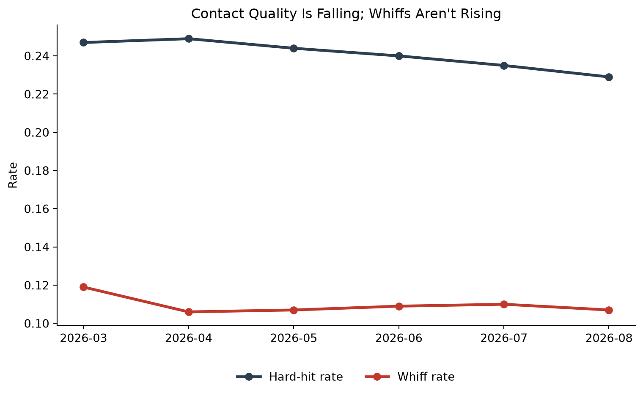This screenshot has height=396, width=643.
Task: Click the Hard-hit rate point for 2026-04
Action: [189, 39]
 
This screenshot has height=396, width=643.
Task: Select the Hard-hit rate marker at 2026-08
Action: [609, 77]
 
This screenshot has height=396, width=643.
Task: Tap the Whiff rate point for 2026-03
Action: [83, 287]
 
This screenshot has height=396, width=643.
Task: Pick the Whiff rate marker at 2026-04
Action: [189, 312]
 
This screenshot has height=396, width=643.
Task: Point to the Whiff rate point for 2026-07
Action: [504, 304]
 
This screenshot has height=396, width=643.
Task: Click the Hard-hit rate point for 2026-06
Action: [399, 56]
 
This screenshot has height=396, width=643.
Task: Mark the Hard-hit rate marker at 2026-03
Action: [83, 42]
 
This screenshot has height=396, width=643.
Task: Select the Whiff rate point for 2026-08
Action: [609, 310]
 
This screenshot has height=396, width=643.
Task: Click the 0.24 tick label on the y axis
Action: [36, 56]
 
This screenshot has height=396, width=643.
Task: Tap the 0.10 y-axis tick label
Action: [36, 324]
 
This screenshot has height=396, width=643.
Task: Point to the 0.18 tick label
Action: [36, 171]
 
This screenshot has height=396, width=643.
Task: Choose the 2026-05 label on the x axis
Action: [294, 338]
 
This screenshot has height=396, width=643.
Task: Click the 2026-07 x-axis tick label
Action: [504, 338]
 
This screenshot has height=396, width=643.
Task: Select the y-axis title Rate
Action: [13, 175]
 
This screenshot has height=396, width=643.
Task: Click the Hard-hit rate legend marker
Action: [249, 377]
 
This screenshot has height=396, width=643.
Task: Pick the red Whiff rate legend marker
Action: [377, 377]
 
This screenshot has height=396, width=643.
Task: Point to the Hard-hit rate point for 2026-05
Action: [294, 48]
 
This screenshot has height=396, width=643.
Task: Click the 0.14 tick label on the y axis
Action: [36, 247]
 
